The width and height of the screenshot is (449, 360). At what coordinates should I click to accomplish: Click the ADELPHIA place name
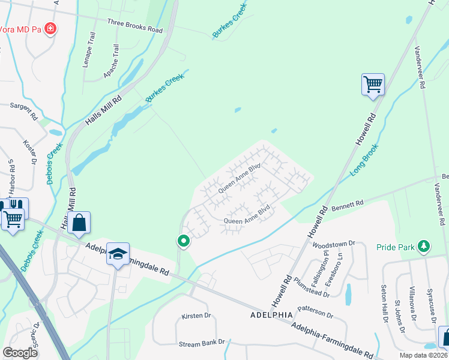(267, 314)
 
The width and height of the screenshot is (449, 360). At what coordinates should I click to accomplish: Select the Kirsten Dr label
(196, 316)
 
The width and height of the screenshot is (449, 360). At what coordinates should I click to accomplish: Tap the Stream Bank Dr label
(201, 343)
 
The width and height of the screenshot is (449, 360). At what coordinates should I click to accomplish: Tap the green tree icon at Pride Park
(424, 246)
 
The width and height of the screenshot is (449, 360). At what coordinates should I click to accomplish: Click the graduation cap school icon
(119, 255)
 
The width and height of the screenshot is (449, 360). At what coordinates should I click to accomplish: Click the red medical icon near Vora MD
(50, 28)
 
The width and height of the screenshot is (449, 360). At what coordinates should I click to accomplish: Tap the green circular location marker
(183, 241)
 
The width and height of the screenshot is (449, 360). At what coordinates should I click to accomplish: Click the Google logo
(20, 353)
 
